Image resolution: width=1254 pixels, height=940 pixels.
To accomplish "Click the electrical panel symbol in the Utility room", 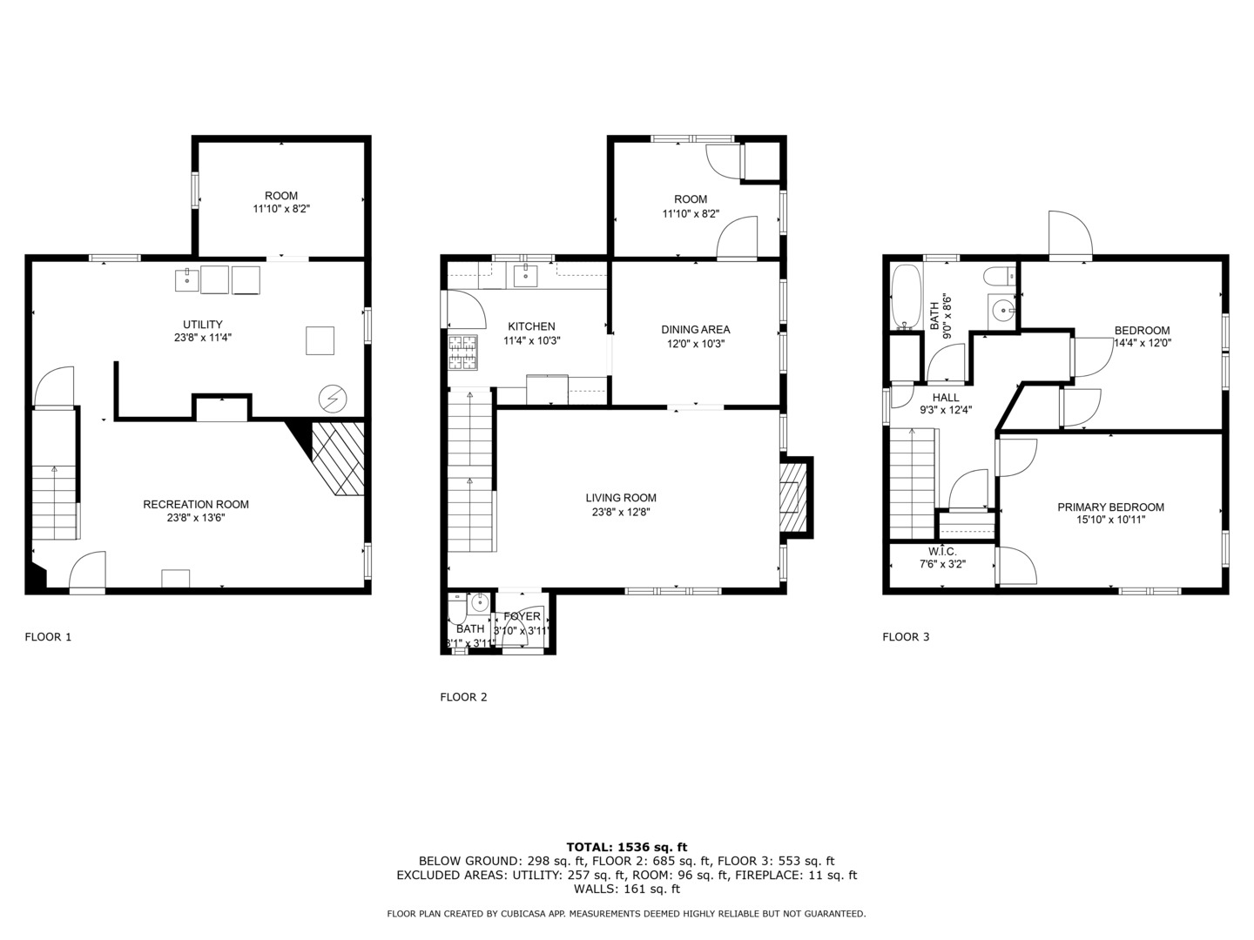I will (332, 399).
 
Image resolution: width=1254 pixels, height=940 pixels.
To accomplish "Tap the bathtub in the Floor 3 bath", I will (906, 299).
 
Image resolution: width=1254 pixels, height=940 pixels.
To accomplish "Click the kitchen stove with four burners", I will (463, 352).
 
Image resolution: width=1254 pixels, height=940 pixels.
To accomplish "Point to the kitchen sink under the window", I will (525, 277).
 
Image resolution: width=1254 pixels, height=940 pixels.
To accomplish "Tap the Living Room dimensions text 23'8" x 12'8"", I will (621, 512).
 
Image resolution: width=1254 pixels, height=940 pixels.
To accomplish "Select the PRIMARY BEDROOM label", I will (1110, 507).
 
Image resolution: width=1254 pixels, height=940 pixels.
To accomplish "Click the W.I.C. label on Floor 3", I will (942, 551).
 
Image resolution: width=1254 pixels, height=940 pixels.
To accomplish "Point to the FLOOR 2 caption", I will (463, 696).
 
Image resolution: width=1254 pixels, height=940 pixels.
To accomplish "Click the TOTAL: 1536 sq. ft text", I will (626, 846).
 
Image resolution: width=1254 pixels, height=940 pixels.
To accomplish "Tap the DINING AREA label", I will (695, 329).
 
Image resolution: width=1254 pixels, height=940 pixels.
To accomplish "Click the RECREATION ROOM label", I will (196, 504).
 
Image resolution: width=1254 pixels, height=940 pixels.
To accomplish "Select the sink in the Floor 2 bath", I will (478, 602).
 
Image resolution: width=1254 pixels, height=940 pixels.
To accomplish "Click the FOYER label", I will (522, 616).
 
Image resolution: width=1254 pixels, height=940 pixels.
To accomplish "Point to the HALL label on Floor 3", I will (945, 397).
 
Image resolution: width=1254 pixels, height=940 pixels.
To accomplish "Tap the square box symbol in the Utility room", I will (320, 340).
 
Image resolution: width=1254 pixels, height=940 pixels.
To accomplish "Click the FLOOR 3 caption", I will (906, 636).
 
